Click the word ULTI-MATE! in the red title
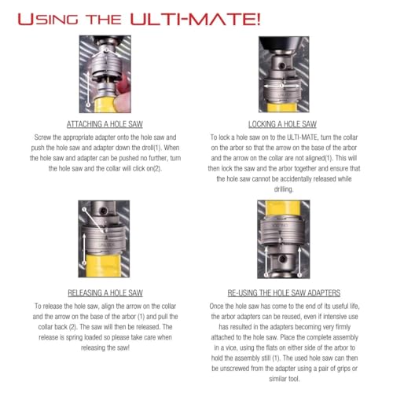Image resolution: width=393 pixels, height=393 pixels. coord(196,20)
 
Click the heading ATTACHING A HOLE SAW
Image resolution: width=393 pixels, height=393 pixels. coord(105,124)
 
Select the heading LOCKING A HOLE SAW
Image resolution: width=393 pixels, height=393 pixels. coord(282,124)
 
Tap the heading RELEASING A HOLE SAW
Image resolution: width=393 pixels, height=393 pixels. coord(105,292)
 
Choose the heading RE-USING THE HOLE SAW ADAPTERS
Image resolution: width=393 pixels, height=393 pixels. coord(284,292)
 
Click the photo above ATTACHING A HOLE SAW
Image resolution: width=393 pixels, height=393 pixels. coord(105,74)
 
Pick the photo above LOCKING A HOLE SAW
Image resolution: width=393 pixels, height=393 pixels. coord(284,75)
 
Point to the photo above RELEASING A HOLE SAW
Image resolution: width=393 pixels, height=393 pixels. coord(104,239)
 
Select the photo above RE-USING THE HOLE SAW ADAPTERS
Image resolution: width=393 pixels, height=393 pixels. coord(284,239)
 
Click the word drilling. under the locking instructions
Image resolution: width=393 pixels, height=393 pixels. coord(284,189)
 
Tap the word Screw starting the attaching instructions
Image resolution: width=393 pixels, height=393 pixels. coord(42,138)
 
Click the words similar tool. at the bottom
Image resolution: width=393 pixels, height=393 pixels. coord(285,379)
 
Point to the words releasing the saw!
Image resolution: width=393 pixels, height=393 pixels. coord(105,347)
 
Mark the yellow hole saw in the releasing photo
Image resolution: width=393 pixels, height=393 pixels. coord(104,265)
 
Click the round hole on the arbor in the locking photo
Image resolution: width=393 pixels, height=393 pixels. coord(281,65)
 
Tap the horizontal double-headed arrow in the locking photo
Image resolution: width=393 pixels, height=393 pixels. coord(281,86)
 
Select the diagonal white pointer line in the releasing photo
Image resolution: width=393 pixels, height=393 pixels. coord(94,220)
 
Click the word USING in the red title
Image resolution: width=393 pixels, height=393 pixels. coord(48,20)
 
